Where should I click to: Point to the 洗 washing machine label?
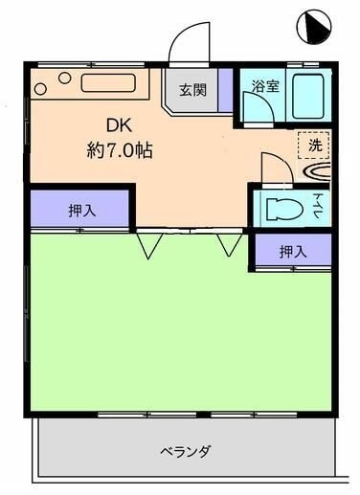(314, 146)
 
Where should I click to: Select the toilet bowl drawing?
(282, 207)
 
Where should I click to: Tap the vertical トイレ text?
(319, 207)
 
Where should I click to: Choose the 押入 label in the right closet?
(292, 252)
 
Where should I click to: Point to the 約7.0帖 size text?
(119, 149)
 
